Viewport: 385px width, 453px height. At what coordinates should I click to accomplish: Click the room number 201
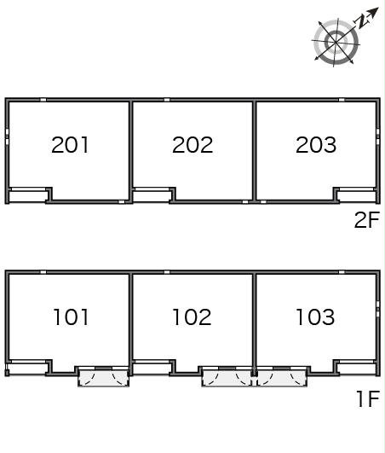(x=70, y=145)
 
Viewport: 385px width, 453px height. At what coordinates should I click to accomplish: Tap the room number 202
(x=192, y=145)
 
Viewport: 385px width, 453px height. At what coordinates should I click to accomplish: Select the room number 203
(x=316, y=145)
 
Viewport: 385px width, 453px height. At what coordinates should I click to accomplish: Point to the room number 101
(x=71, y=317)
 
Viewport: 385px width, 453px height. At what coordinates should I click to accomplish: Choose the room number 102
(x=192, y=317)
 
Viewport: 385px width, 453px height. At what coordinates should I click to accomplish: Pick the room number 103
(x=315, y=317)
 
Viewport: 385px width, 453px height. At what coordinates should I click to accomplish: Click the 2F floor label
(x=367, y=220)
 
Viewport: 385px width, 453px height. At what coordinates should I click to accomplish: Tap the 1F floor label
(x=368, y=398)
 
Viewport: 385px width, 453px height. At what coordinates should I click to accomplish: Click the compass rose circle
(x=336, y=42)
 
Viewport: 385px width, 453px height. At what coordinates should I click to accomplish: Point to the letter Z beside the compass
(x=362, y=20)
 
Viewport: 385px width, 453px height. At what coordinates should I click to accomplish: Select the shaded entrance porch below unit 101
(x=104, y=378)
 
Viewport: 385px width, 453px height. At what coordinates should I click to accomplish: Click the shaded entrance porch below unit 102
(x=227, y=378)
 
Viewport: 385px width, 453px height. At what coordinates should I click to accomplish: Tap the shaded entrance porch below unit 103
(x=282, y=378)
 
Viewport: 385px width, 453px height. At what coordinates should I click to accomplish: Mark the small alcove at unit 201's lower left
(x=28, y=196)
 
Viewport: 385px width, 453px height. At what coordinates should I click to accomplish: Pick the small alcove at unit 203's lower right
(x=357, y=196)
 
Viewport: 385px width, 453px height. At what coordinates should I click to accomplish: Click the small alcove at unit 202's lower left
(x=152, y=196)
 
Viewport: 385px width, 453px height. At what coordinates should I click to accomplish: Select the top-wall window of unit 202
(x=167, y=100)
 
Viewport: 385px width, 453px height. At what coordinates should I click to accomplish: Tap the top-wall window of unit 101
(x=43, y=272)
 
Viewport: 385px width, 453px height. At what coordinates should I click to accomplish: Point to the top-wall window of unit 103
(x=342, y=272)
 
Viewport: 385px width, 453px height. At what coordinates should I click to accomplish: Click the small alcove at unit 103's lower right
(x=357, y=369)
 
